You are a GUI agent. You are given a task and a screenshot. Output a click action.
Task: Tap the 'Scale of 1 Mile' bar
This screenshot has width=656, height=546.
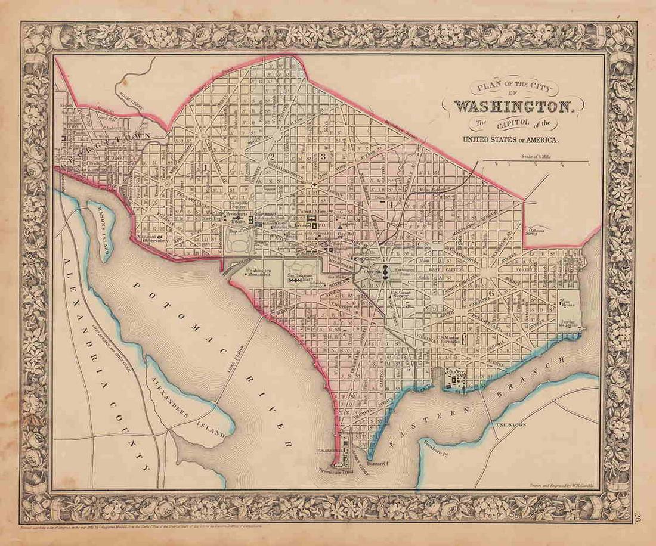535,162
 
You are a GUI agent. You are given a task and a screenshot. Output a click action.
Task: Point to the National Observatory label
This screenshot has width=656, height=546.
153,238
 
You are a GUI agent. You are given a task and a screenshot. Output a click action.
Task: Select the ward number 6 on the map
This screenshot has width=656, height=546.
490,293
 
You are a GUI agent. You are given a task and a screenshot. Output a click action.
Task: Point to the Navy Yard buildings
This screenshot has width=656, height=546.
456,378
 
